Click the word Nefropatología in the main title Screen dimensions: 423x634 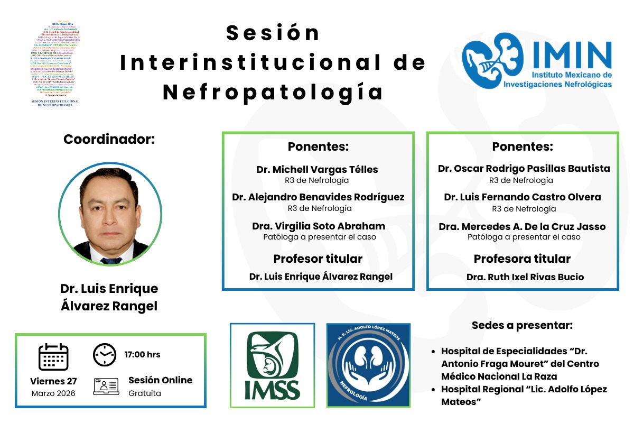pos(273,92)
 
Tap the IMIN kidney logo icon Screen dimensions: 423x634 pos(487,59)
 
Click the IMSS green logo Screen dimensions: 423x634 pos(272,365)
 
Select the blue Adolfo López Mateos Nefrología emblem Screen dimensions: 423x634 pos(368,365)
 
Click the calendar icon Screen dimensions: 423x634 pos(53,357)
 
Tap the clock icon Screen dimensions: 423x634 pos(105,355)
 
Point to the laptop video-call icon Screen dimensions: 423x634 pos(105,387)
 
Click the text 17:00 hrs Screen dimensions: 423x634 pos(143,354)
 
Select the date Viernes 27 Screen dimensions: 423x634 pos(53,381)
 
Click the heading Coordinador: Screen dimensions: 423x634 pos(109,140)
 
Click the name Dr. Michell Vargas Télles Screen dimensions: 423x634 pos(317,169)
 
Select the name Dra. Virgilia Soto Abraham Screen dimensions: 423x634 pos(319,226)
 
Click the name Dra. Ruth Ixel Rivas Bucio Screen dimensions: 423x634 pos(525,277)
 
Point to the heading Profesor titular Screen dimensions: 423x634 pos(318,259)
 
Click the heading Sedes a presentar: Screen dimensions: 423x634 pos(522,325)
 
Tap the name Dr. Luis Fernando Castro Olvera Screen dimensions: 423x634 pos(523,197)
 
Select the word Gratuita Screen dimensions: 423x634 pos(145,393)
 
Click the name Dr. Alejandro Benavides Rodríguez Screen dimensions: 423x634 pos(318,197)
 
